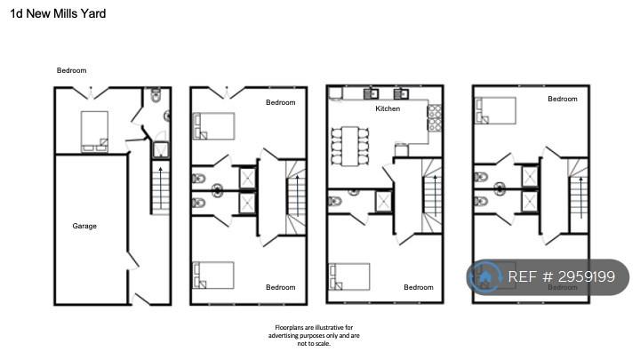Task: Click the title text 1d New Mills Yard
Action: click(58, 13)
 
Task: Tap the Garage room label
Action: click(84, 226)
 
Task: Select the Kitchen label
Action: click(388, 108)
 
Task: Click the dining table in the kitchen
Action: click(350, 146)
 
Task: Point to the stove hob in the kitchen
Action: click(435, 118)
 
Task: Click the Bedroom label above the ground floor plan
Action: click(71, 70)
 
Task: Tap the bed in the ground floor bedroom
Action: click(94, 132)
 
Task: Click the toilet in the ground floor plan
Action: click(156, 95)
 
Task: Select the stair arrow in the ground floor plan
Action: click(160, 188)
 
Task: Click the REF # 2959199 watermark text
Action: click(561, 276)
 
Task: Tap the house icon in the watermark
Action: click(485, 276)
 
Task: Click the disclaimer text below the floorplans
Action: click(314, 335)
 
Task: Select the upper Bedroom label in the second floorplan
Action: click(280, 102)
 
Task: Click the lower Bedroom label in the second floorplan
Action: click(280, 287)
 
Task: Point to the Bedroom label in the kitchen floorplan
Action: click(419, 287)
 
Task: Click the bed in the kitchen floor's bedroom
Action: click(349, 276)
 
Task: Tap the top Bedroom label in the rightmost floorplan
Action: click(563, 99)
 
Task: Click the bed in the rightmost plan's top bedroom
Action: click(495, 110)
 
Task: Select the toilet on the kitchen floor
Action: click(335, 201)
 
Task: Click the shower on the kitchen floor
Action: click(383, 201)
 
